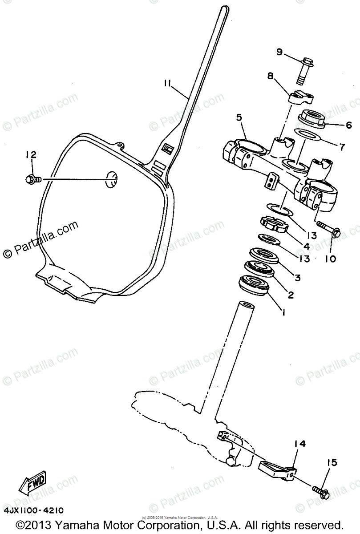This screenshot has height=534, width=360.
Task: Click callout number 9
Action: pos(279,53)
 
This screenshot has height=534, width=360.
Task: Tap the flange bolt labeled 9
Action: pos(305,70)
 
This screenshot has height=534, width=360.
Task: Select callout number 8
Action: pos(270,76)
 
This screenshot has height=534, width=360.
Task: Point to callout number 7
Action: pos(343,146)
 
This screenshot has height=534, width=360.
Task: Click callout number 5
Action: pos(239,118)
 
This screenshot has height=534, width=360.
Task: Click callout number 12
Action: pos(31,155)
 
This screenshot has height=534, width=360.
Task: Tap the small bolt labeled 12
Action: pos(32,179)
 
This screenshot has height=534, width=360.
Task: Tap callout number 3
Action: pos(297,278)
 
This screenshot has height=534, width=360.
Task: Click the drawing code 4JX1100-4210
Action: pos(34,510)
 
